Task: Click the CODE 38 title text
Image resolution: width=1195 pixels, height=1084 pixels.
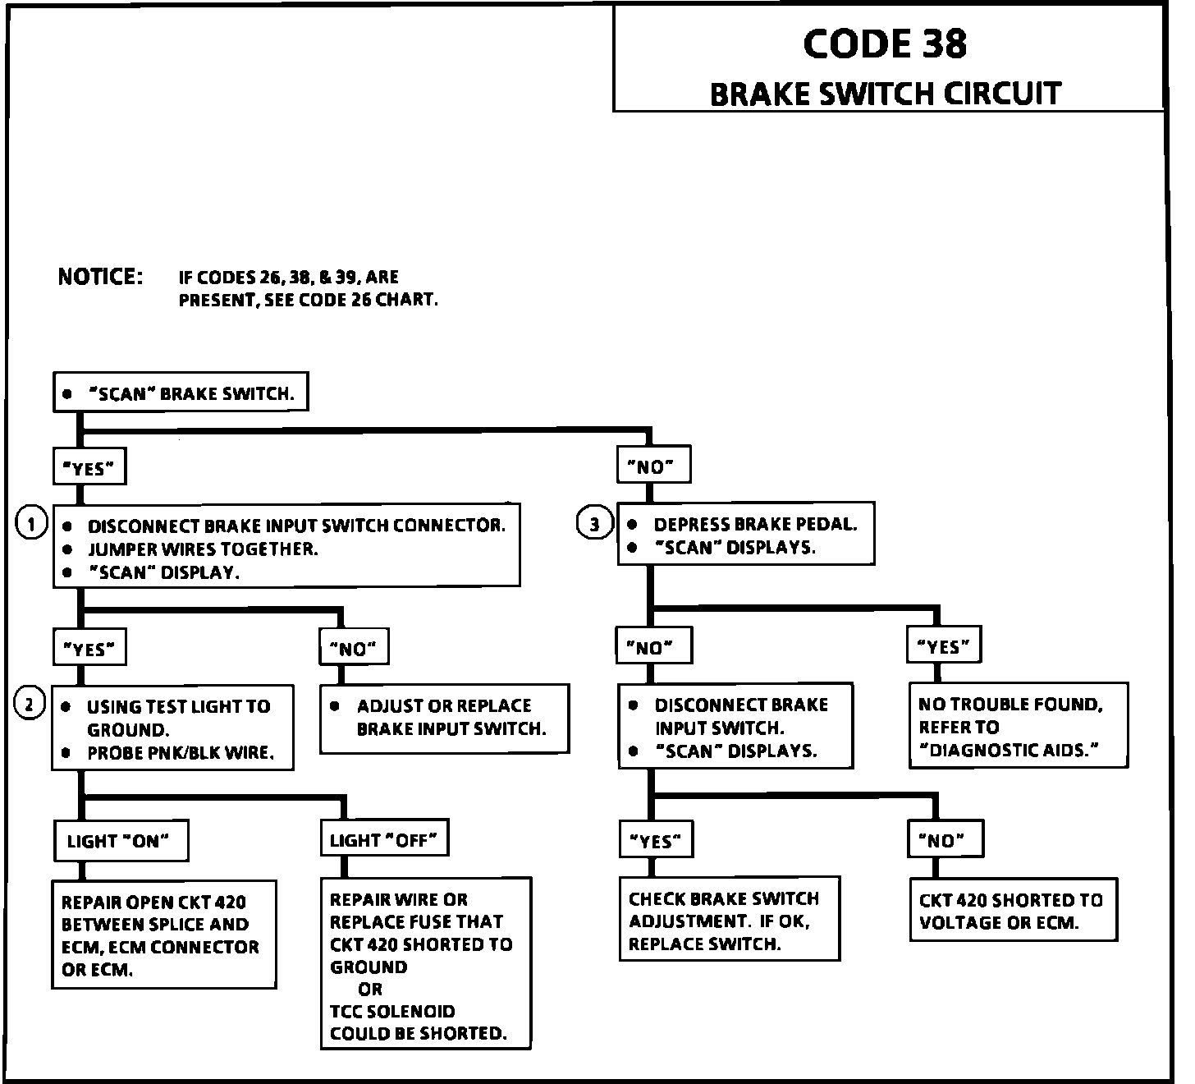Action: [x=885, y=44]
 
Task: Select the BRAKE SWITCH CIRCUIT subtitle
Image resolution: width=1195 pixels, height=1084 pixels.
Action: [x=885, y=94]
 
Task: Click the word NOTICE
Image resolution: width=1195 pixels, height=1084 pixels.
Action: [x=100, y=277]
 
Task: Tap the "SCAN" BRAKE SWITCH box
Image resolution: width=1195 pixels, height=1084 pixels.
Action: [x=180, y=393]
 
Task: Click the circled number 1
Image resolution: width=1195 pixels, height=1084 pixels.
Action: [x=31, y=524]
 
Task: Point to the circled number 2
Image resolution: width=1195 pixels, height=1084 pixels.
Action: [x=30, y=704]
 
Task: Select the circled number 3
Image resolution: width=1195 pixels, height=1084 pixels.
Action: [x=595, y=524]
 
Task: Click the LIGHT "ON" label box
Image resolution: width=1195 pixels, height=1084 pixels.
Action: [x=120, y=840]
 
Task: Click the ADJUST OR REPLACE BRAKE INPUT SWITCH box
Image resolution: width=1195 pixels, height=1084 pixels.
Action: [x=444, y=718]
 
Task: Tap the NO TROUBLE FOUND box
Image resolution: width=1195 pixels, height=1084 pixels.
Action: [x=1018, y=726]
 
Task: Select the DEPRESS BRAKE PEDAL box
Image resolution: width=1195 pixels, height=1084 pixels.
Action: [x=745, y=535]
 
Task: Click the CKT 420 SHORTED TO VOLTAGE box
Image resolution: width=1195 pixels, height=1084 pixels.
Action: [x=1014, y=910]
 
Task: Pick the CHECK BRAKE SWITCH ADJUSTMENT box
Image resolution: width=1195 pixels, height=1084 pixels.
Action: [x=729, y=920]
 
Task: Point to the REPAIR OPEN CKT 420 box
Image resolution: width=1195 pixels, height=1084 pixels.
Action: [x=163, y=935]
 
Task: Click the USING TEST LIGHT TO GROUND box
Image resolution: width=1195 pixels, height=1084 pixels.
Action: [x=173, y=728]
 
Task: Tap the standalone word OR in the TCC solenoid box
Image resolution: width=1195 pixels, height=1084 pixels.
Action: [x=370, y=989]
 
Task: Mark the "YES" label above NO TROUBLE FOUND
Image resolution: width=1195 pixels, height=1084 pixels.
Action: [x=944, y=646]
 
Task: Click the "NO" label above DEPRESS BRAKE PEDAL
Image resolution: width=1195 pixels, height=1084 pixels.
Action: [x=652, y=466]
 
